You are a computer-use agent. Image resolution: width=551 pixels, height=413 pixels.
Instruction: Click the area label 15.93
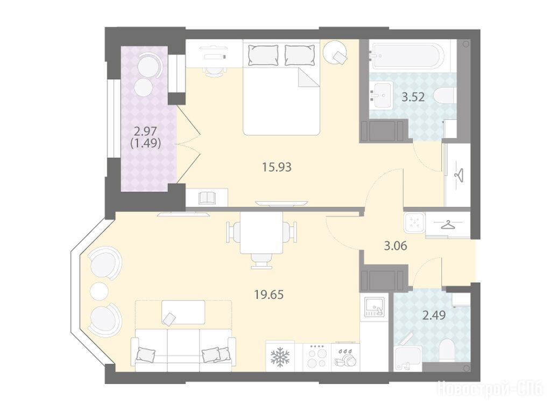click(277, 167)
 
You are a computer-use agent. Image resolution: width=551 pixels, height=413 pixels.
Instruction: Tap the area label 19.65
click(269, 295)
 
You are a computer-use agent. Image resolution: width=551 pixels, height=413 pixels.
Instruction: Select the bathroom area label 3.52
click(413, 97)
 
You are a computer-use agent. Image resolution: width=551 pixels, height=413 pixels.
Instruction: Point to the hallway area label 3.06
click(395, 246)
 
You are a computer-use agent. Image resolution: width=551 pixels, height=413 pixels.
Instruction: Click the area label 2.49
click(434, 315)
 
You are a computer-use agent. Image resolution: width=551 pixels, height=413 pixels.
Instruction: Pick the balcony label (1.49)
click(145, 143)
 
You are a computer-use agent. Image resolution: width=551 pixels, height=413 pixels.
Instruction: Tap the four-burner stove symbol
click(316, 356)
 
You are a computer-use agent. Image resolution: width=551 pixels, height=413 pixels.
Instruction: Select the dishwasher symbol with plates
click(345, 358)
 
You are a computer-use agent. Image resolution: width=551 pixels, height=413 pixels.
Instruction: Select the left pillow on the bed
click(263, 55)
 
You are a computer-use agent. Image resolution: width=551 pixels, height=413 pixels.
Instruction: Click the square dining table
click(262, 233)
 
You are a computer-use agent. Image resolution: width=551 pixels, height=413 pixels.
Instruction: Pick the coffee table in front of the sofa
click(183, 312)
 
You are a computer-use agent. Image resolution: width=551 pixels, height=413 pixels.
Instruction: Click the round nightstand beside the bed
click(335, 52)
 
